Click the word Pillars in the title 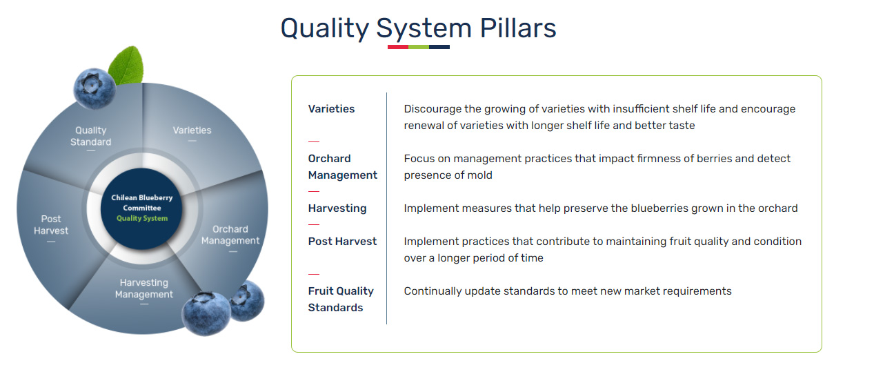(518, 28)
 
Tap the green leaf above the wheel (127, 65)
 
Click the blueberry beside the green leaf (95, 88)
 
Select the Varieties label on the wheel (192, 130)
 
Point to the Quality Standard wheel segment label (90, 136)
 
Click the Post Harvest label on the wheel (51, 224)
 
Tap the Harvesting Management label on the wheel (144, 288)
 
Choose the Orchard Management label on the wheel (230, 235)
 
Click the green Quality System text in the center (142, 218)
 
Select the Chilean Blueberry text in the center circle (142, 197)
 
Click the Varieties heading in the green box (331, 108)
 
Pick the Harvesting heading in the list (337, 208)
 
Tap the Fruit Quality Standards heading (341, 299)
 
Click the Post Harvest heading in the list (342, 242)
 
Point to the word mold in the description (479, 175)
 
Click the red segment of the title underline (398, 47)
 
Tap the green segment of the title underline (419, 47)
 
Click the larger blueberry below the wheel (206, 313)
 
